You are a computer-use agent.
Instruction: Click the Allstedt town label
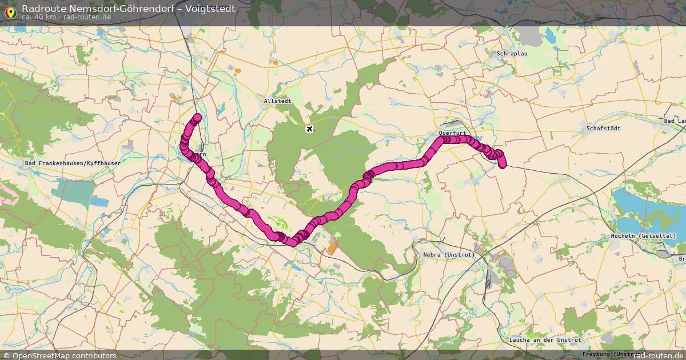click(278, 101)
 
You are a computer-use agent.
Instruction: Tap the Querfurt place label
click(453, 133)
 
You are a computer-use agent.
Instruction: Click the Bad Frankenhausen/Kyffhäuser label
click(73, 163)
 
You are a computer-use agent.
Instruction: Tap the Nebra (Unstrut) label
click(449, 254)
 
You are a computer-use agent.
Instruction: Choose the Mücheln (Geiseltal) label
click(643, 236)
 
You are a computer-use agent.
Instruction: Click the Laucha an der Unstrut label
click(545, 339)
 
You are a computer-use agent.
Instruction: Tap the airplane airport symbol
click(310, 129)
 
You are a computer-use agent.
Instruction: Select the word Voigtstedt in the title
click(210, 9)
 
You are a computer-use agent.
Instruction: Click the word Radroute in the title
click(43, 9)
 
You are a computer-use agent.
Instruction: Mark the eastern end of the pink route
click(503, 165)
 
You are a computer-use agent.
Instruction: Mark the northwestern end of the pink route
click(197, 118)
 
